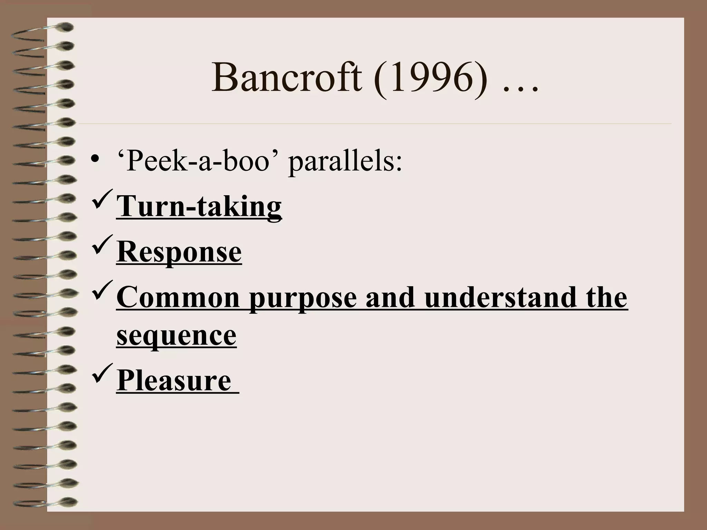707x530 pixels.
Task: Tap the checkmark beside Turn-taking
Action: coord(103,198)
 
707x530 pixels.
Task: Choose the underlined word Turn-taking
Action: coord(199,206)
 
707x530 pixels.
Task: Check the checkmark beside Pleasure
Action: coord(103,373)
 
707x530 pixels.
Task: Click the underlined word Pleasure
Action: coord(174,381)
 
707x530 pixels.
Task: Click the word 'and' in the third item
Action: coord(390,298)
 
